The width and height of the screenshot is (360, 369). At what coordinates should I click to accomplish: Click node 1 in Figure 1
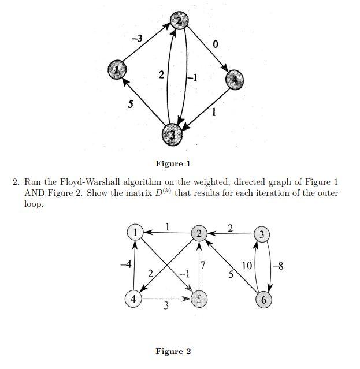coord(117,70)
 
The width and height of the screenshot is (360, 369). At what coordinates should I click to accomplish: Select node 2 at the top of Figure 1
coord(178,21)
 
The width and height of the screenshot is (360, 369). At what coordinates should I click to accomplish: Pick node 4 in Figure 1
coord(234,79)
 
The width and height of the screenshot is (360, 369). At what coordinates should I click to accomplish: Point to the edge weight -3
coord(137,39)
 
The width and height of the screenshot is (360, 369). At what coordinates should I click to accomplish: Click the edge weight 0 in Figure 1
coord(216,45)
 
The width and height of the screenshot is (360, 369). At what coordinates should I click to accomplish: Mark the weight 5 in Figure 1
coord(130,105)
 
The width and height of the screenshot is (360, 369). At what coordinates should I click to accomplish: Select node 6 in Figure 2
coord(263,300)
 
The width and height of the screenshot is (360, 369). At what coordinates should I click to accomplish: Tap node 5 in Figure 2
coord(199,299)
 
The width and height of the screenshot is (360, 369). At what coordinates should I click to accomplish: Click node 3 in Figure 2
coord(262,234)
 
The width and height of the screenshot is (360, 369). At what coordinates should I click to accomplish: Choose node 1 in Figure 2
coord(134,232)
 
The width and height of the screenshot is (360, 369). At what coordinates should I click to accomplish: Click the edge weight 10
coord(247,266)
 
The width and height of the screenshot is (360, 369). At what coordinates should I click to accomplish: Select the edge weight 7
coord(203,265)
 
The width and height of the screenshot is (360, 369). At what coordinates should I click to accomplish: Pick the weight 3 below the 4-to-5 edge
coord(166,306)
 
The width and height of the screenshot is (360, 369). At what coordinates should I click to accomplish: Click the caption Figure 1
coord(173,164)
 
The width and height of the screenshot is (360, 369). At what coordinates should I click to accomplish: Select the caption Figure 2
coord(173,351)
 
